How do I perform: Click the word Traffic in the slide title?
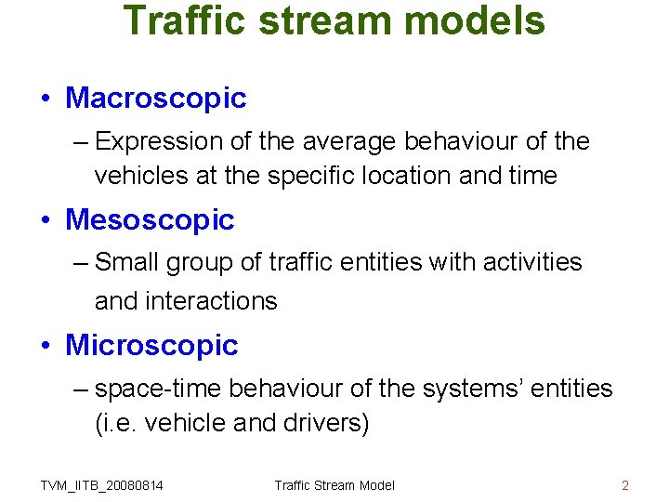(x=186, y=20)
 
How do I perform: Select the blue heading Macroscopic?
(x=156, y=98)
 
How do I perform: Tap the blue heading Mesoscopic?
(x=151, y=220)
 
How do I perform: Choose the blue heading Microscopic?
(x=151, y=346)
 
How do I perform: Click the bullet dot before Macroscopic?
(x=46, y=99)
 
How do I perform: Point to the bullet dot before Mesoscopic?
(x=46, y=221)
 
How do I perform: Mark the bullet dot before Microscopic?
(x=46, y=347)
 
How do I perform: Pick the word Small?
(x=127, y=263)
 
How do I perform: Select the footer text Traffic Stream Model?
(x=334, y=485)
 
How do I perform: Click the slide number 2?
(x=625, y=485)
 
